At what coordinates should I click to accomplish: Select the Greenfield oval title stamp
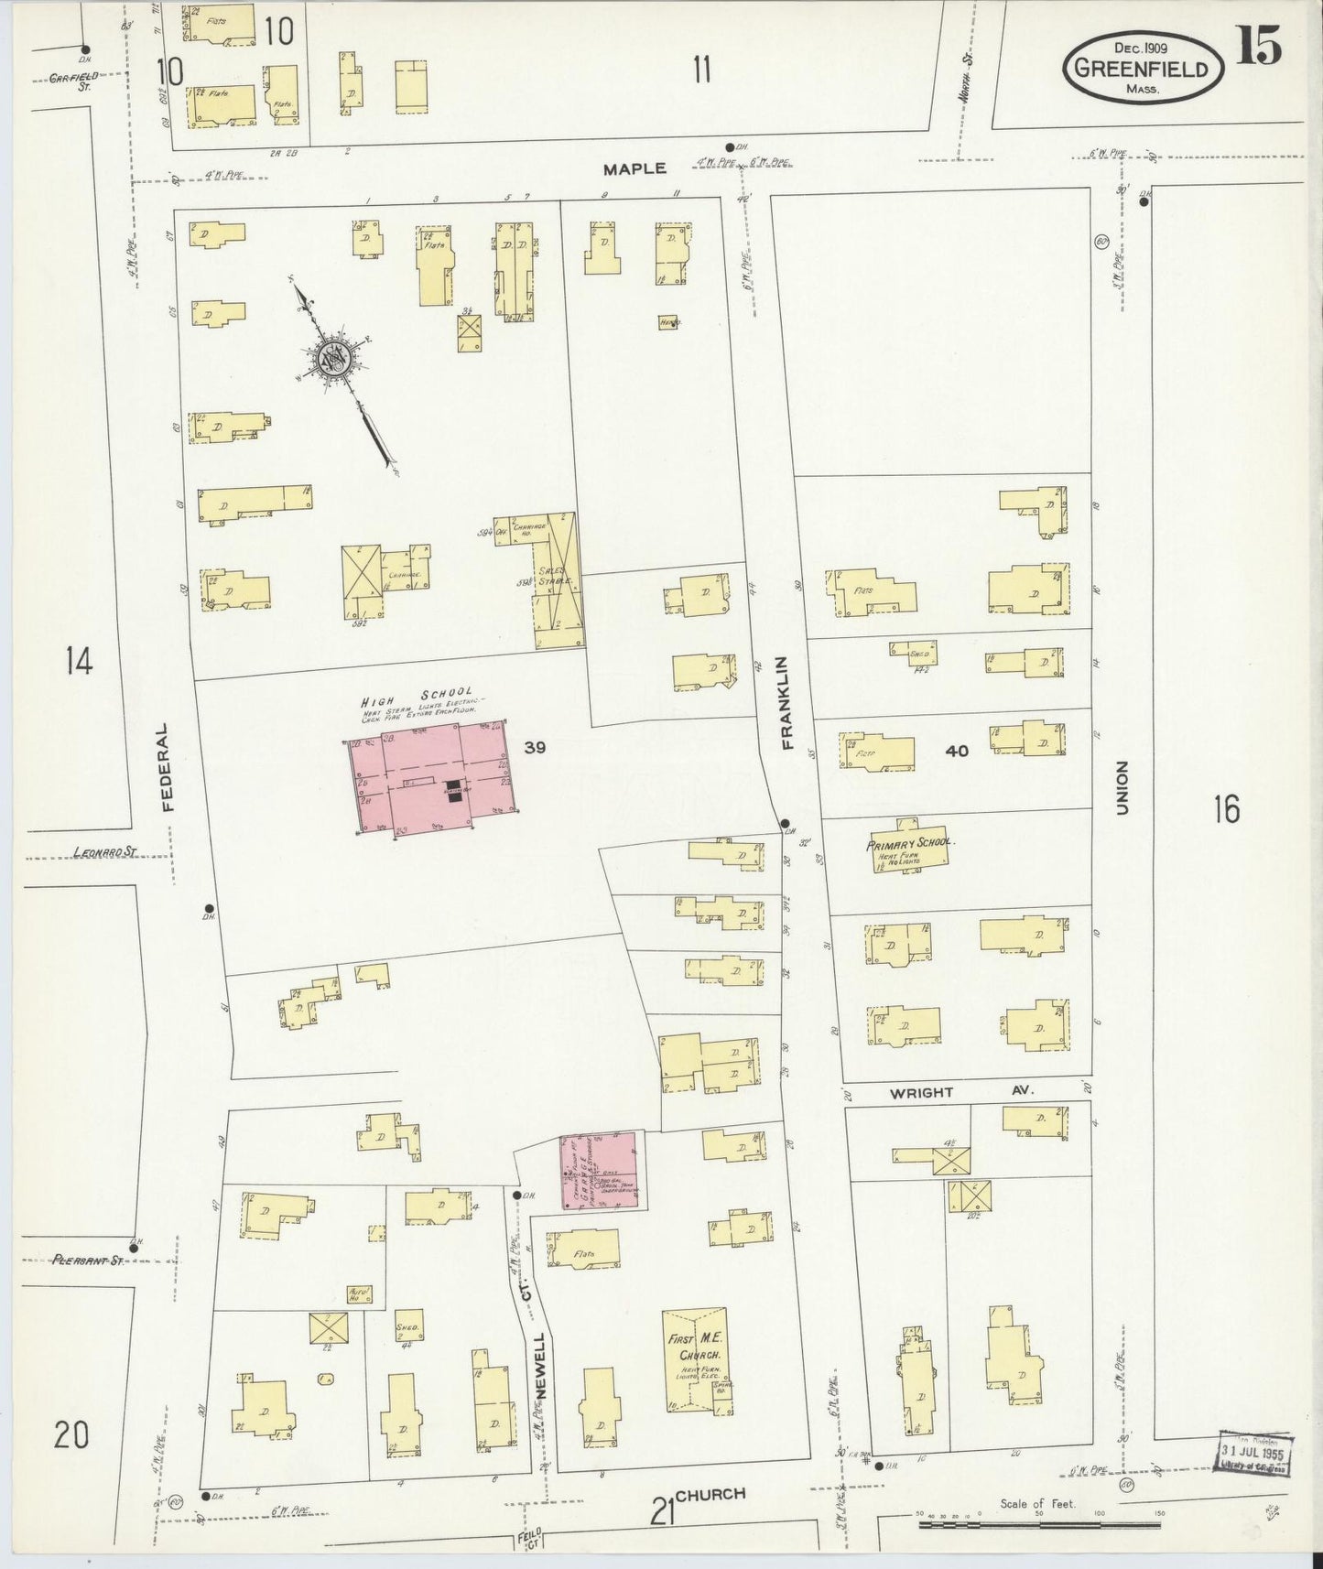tap(1144, 68)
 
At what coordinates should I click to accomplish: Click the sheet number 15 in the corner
tap(1259, 46)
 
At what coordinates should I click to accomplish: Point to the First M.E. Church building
tap(694, 1358)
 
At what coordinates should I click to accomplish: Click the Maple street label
tap(634, 169)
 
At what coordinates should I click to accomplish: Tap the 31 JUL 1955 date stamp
tap(1253, 1453)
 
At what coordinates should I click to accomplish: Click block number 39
tap(536, 748)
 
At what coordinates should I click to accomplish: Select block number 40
tap(957, 751)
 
